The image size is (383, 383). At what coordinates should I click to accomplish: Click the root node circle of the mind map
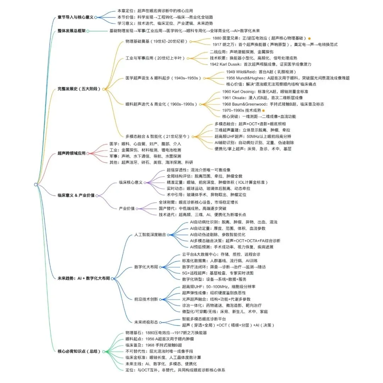(x=36, y=184)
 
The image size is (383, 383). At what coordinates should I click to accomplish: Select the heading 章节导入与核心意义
(x=75, y=17)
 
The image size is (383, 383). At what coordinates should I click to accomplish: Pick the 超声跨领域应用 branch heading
(x=71, y=153)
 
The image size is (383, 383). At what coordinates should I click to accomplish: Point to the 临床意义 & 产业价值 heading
(x=76, y=195)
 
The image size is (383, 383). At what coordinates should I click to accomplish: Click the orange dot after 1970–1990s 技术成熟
(x=263, y=111)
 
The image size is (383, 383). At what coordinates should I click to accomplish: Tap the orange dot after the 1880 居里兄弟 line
(x=309, y=38)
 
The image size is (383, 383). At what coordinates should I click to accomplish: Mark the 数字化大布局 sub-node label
(x=146, y=267)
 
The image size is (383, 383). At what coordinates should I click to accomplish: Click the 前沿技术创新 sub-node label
(x=146, y=299)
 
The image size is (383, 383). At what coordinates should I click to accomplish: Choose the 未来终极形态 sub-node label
(x=146, y=322)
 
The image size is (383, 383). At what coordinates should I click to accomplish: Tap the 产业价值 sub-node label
(x=127, y=208)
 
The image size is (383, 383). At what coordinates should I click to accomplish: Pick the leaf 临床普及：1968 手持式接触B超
(x=154, y=345)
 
